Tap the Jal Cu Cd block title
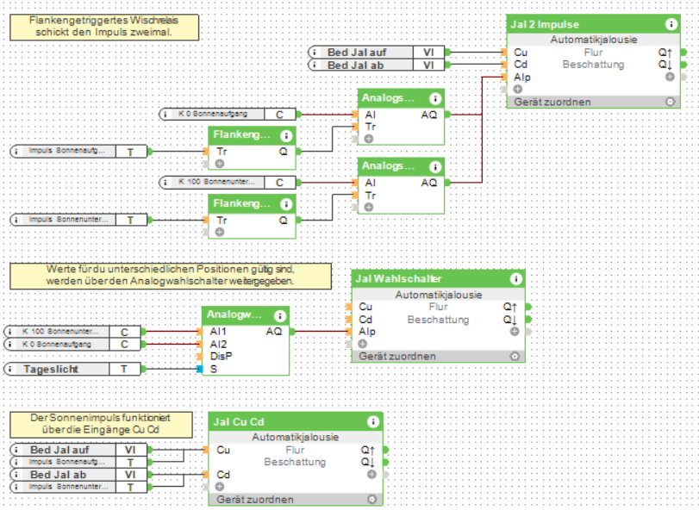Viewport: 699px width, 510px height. click(240, 421)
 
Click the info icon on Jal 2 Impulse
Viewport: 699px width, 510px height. click(671, 25)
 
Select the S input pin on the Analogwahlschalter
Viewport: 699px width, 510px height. click(211, 369)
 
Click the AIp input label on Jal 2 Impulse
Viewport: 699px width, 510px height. click(522, 77)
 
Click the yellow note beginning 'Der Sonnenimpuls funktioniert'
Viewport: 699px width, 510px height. click(101, 423)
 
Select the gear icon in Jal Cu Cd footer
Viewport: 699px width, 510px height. click(371, 500)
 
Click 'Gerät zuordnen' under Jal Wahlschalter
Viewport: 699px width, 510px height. click(397, 357)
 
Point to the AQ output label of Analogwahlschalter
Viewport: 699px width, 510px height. click(274, 332)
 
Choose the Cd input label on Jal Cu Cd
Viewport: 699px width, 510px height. click(224, 475)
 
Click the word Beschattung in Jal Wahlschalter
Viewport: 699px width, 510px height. click(438, 320)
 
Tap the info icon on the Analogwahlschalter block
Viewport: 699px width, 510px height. click(279, 316)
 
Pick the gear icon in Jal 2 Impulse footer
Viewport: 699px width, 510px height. click(670, 102)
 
